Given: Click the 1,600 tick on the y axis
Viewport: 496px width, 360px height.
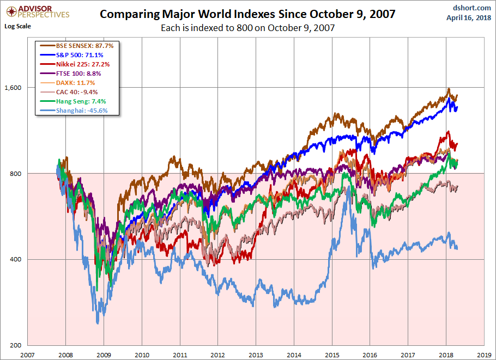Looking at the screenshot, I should coord(13,87).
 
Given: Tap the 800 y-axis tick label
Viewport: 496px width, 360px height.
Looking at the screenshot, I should coord(16,173).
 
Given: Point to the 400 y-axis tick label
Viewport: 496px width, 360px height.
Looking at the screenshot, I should coord(16,259).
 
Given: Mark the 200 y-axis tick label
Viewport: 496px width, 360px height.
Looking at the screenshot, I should coord(16,345).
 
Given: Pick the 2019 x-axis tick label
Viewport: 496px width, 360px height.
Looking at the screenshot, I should coord(483,353).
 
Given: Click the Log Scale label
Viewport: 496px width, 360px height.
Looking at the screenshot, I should coord(17,26).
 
